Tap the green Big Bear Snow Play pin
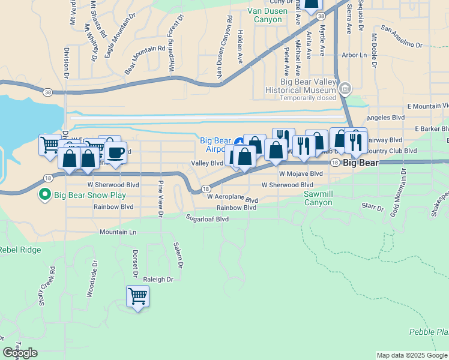[x=44, y=194]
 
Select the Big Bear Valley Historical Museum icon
[x=345, y=89]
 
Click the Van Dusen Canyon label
[x=265, y=15]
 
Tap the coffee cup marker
[x=116, y=152]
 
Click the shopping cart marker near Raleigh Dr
[x=138, y=296]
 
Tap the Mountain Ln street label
[x=118, y=232]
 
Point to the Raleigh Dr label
[x=158, y=280]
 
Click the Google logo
[x=20, y=353]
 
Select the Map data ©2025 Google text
[x=412, y=355]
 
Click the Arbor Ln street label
[x=354, y=55]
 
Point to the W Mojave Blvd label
[x=301, y=173]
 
